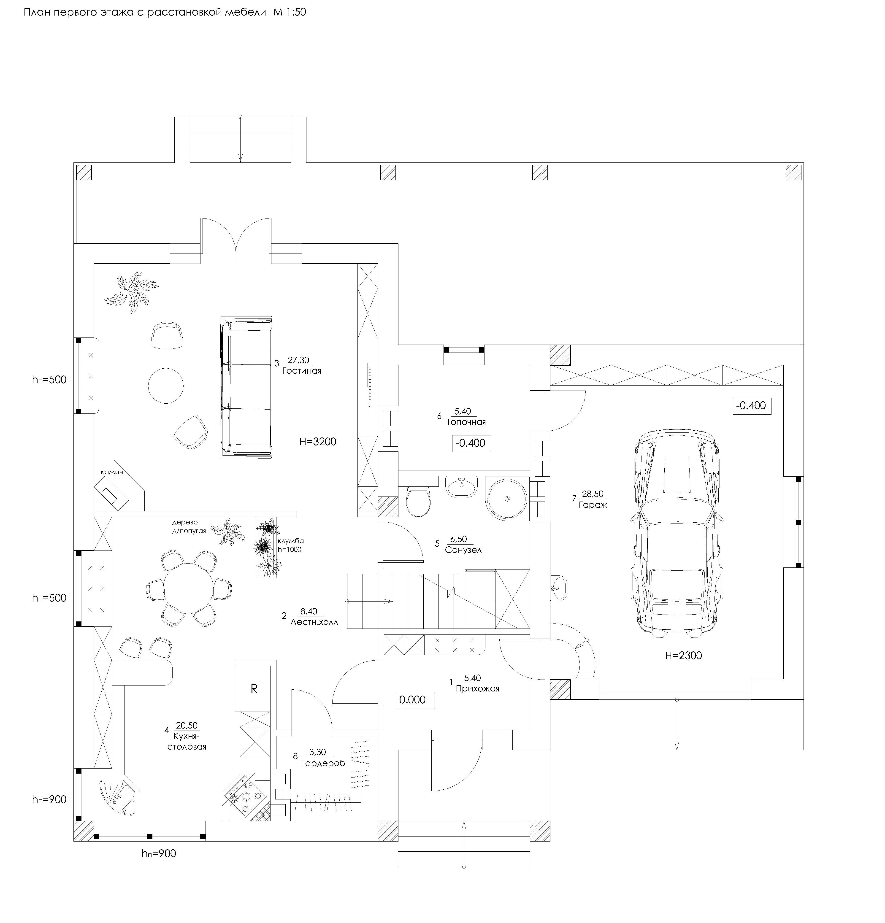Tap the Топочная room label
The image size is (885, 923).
click(466, 422)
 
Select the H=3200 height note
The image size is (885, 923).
click(318, 442)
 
